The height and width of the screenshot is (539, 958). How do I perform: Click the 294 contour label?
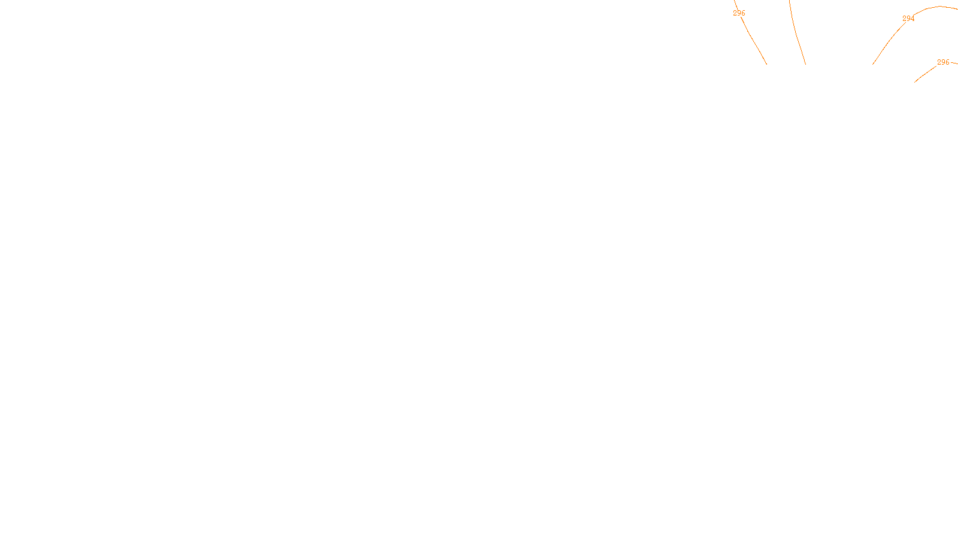pyautogui.click(x=908, y=19)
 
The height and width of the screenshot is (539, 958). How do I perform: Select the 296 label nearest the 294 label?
pyautogui.click(x=943, y=62)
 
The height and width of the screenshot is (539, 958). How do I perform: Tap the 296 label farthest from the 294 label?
pyautogui.click(x=739, y=13)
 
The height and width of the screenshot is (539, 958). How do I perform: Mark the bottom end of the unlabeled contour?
pyautogui.click(x=805, y=64)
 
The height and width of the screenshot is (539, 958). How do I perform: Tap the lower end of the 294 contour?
pyautogui.click(x=873, y=64)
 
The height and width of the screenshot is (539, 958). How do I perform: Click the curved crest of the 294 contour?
pyautogui.click(x=939, y=7)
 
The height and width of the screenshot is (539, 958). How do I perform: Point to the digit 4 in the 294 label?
pyautogui.click(x=912, y=19)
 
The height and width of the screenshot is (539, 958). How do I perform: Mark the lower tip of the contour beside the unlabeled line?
pyautogui.click(x=766, y=64)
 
